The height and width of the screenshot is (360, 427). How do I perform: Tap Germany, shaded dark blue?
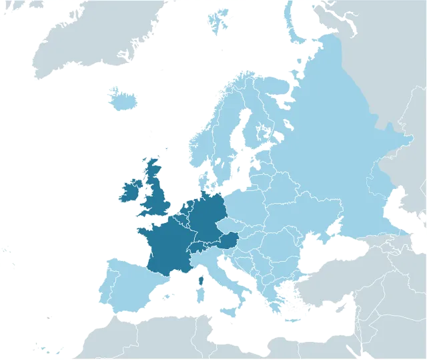209,217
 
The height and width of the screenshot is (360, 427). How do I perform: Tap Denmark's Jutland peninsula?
204,180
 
